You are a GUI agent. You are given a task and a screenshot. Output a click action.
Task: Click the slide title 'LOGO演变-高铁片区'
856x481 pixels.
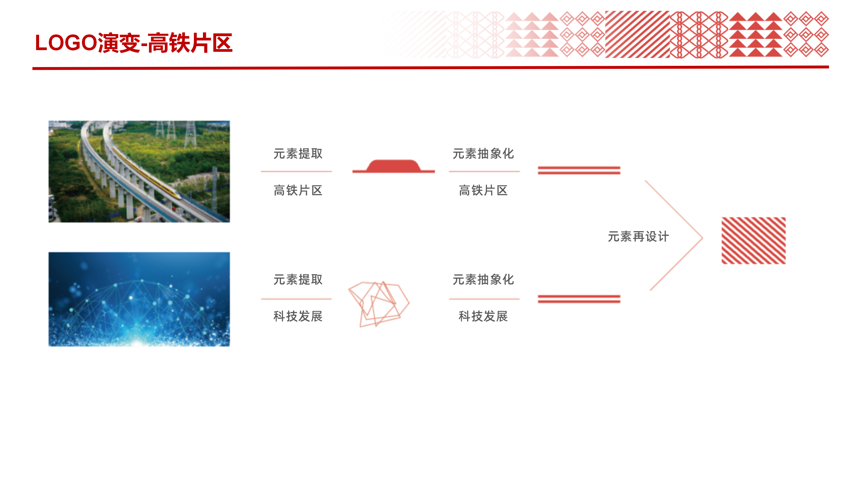click(134, 43)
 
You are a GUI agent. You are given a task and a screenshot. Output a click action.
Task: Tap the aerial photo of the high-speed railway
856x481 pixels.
click(139, 171)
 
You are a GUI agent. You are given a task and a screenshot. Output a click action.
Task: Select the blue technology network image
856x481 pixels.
click(139, 299)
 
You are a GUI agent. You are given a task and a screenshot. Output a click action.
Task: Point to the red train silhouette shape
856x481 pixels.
click(394, 166)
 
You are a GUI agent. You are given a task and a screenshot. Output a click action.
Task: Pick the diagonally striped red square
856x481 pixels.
click(754, 240)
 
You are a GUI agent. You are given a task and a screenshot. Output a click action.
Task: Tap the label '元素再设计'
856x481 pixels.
click(638, 236)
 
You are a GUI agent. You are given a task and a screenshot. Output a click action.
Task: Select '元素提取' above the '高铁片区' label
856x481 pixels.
click(298, 154)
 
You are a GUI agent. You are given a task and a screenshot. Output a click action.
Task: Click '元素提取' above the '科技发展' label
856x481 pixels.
click(298, 280)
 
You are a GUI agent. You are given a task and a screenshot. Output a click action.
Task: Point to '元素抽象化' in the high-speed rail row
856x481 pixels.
click(484, 154)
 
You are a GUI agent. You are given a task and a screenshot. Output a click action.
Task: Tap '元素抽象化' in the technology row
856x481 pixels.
click(484, 280)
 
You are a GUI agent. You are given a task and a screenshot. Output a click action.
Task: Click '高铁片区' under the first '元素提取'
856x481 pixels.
click(298, 190)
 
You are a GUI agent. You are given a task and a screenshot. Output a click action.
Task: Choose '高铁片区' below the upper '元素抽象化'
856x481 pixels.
click(484, 190)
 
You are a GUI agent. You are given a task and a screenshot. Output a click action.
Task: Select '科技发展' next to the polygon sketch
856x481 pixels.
click(298, 316)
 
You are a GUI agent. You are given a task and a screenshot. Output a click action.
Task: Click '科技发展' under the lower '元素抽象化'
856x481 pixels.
click(484, 316)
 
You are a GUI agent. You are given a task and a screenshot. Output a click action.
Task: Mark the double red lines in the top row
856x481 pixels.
click(579, 170)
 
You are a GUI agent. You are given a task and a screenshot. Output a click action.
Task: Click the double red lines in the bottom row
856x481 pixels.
click(579, 299)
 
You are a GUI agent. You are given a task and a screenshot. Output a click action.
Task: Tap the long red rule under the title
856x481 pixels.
click(431, 68)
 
